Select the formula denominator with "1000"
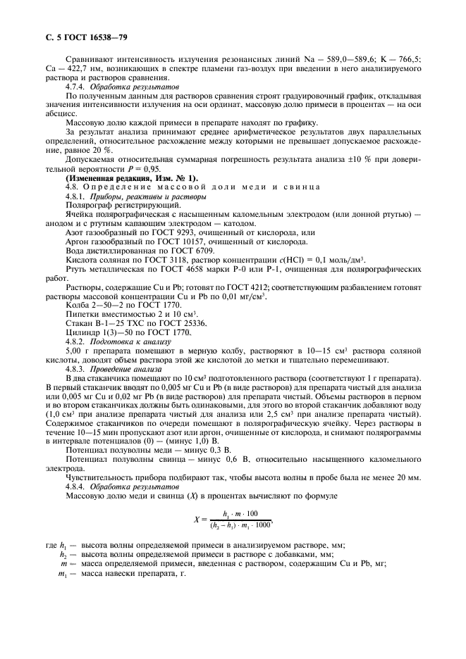[242, 525]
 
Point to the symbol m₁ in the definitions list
[63, 574]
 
